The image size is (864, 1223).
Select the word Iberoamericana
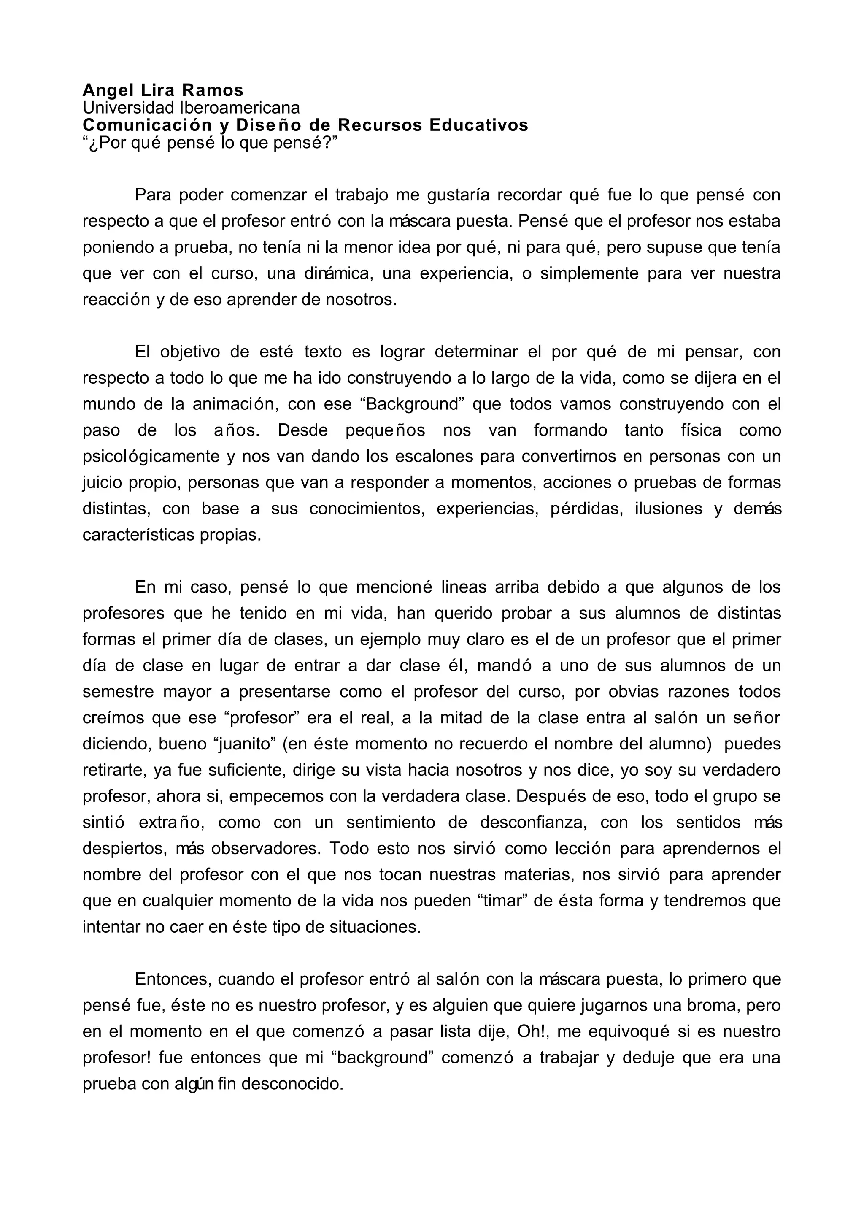pos(240,108)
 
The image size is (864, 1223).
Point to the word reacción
pos(116,300)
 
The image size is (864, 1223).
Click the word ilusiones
pos(668,509)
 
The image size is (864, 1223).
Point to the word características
pos(138,535)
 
